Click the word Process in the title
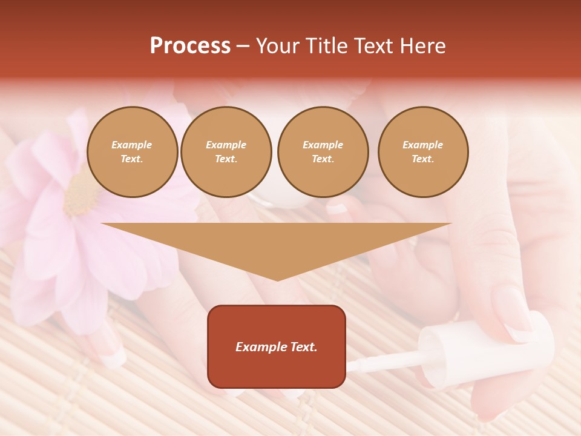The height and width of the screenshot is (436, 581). point(190,46)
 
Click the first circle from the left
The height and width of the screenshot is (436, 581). point(133,152)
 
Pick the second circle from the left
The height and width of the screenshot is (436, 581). point(226,152)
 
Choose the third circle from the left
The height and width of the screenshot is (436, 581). point(323,152)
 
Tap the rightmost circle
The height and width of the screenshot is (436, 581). point(423,152)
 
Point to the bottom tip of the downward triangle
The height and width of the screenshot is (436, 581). point(277,279)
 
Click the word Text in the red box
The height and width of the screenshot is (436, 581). point(303,347)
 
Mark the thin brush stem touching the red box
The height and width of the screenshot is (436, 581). point(381,363)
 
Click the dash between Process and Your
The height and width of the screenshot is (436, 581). point(243,46)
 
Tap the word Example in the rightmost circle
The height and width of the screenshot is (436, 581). point(423,145)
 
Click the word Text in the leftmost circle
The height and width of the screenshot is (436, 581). point(132,159)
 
